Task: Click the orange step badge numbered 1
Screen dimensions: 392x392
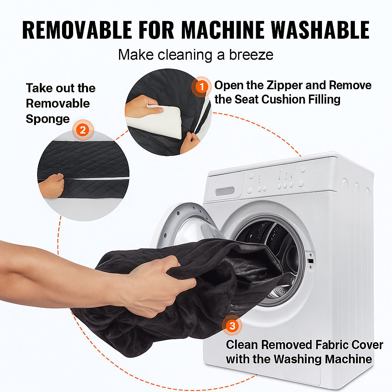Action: [x=201, y=87]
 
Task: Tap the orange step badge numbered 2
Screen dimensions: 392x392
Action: [x=83, y=130]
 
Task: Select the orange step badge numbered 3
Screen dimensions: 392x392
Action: [x=232, y=325]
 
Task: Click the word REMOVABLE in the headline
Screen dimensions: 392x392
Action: [x=77, y=30]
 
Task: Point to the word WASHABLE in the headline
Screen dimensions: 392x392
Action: [x=320, y=30]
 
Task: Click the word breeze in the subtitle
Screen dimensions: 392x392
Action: [x=251, y=55]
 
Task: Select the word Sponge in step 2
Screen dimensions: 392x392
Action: [x=48, y=119]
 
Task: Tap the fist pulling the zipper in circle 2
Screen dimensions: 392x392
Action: [x=52, y=186]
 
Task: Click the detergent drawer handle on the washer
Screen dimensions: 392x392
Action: [x=225, y=191]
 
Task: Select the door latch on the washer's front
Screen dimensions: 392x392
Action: [x=310, y=261]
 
